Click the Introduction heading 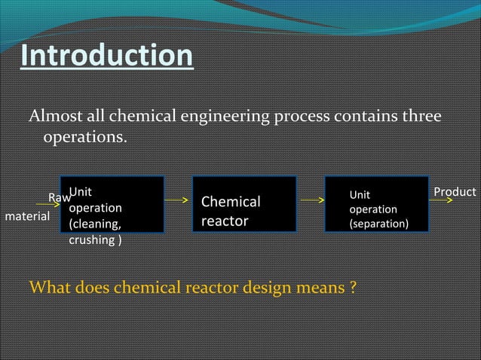(x=106, y=56)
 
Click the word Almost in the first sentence (x=54, y=117)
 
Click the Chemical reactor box (x=244, y=204)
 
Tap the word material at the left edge (x=28, y=217)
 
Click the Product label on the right (x=455, y=192)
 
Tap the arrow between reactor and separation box (x=309, y=201)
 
